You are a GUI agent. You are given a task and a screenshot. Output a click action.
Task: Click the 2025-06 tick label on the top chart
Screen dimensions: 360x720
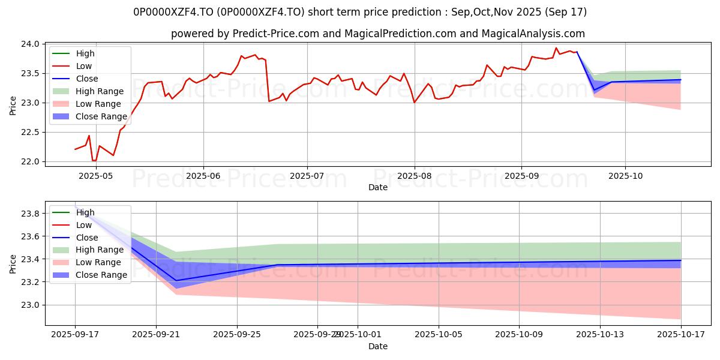click(203, 175)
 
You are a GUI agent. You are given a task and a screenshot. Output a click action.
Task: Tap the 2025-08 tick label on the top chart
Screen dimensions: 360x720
click(414, 175)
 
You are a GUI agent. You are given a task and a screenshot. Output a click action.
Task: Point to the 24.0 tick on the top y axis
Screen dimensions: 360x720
click(32, 44)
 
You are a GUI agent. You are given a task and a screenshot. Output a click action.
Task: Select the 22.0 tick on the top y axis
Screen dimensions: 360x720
click(32, 162)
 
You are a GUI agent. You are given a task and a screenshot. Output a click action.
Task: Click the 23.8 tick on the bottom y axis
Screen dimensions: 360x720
click(32, 214)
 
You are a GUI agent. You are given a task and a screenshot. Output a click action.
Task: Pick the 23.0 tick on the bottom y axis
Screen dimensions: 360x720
click(32, 305)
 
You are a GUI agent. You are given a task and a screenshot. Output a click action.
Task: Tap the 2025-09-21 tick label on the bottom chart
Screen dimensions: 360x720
click(156, 334)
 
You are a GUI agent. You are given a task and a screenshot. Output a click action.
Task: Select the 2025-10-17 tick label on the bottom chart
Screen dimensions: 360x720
click(680, 334)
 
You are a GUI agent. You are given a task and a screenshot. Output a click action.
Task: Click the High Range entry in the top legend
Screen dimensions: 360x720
click(100, 91)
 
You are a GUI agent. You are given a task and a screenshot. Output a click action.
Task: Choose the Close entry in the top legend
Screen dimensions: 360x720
click(87, 79)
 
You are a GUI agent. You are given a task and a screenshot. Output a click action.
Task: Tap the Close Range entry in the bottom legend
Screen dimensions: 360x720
click(101, 275)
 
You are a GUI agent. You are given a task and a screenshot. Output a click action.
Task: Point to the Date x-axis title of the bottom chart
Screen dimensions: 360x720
click(378, 346)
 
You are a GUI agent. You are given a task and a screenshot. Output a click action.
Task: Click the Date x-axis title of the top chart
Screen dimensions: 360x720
click(378, 187)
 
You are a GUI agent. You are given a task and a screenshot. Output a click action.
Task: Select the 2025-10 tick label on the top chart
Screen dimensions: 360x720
click(625, 175)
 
